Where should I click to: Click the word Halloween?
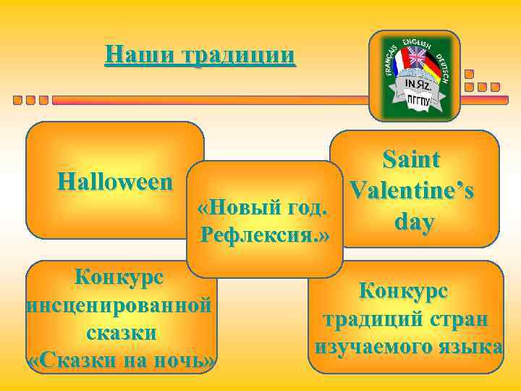click(x=116, y=181)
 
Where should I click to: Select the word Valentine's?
click(x=412, y=191)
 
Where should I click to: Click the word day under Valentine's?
click(x=414, y=222)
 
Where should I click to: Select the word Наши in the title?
click(x=130, y=55)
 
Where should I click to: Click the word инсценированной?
click(x=119, y=305)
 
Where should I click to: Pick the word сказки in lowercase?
click(x=120, y=333)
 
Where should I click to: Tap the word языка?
click(x=471, y=346)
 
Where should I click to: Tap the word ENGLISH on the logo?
click(x=415, y=41)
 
